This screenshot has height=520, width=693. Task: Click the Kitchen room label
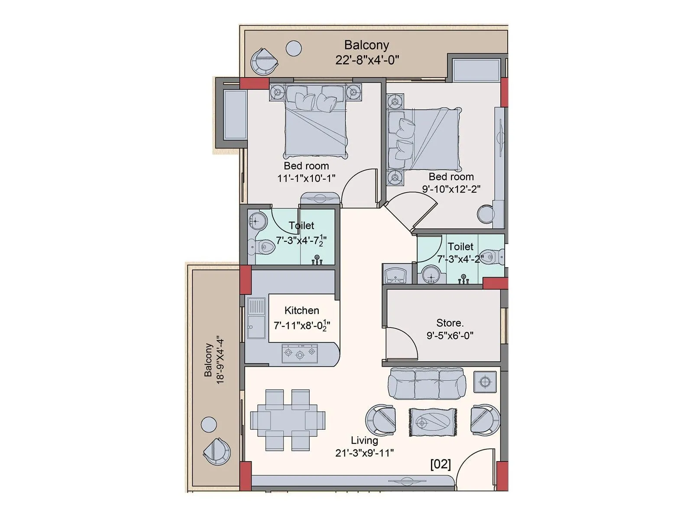point(301,311)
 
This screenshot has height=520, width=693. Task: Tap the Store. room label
point(450,323)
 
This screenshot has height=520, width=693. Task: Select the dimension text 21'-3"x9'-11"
point(364,453)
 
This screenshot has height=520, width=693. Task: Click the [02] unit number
point(440,465)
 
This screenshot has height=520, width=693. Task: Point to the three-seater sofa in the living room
point(427,383)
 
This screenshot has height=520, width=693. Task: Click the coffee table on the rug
point(433,422)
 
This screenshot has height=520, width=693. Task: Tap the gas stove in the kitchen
point(300,354)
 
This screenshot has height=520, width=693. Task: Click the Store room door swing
point(401,342)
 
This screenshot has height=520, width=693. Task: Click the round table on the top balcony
point(294,48)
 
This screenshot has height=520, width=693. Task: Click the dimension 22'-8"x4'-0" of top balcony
point(367,60)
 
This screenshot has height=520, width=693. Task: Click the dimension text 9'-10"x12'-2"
point(451,189)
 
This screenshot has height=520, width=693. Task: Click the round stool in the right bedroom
point(486,214)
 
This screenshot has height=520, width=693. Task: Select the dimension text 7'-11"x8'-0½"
point(302,325)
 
